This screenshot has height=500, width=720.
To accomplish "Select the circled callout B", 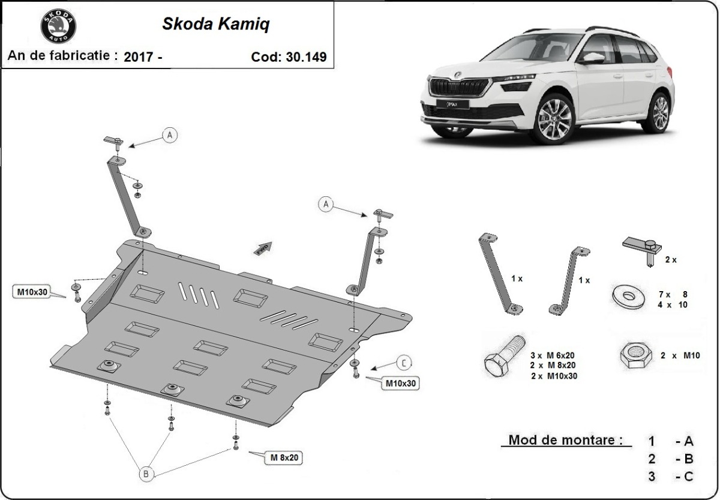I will tap(146, 474).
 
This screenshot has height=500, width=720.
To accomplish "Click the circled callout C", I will tap(404, 363).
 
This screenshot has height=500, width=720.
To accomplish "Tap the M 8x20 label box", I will tap(284, 458).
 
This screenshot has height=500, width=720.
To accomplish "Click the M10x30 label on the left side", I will tap(31, 292).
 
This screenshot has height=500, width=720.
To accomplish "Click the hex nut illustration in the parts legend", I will tap(635, 355).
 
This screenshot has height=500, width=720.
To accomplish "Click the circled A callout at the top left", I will tap(170, 136).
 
